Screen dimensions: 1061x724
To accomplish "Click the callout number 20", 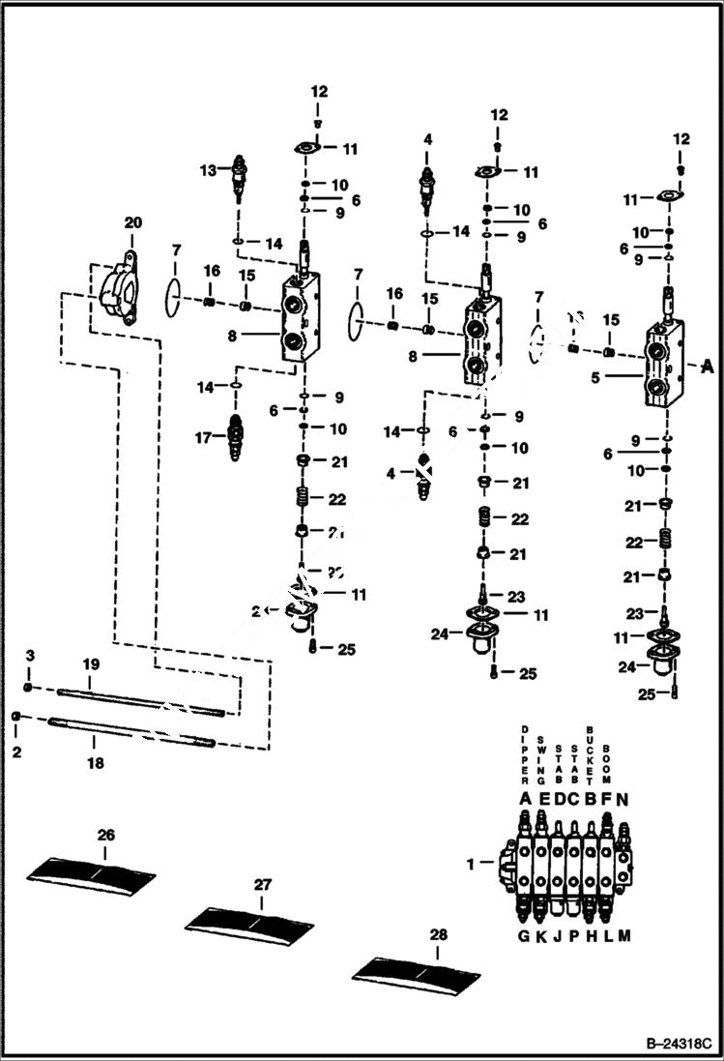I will click(132, 222).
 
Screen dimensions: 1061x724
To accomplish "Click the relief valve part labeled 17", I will click(234, 437).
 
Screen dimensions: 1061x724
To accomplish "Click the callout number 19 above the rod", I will click(91, 665).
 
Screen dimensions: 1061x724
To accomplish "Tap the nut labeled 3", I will click(30, 687).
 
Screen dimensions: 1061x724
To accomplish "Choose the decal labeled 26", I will click(91, 869).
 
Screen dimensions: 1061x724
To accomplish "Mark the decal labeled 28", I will click(416, 969).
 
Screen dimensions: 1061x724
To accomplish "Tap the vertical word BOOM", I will click(606, 762).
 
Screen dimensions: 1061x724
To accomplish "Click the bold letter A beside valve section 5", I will click(709, 366).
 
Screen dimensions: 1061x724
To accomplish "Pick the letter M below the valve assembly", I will click(623, 935).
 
